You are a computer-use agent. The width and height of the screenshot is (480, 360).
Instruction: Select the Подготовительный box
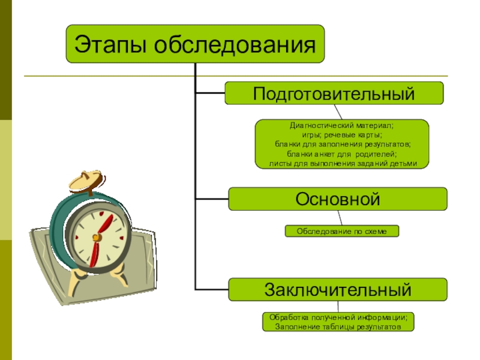[334, 93]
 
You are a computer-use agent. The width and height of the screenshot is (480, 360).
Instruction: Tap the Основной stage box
[338, 199]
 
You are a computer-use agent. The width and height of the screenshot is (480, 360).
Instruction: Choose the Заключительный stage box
[338, 290]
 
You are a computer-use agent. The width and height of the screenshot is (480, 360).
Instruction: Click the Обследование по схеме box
[341, 231]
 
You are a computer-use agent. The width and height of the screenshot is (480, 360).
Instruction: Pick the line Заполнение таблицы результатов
[337, 327]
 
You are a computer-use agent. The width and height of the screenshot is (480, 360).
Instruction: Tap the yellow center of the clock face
[95, 238]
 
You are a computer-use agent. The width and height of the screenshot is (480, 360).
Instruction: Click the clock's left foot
[76, 282]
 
